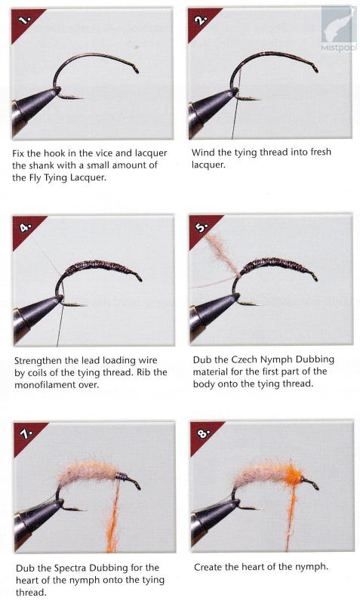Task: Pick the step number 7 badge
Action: [26, 435]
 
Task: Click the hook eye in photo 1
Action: [136, 70]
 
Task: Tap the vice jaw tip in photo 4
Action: [60, 298]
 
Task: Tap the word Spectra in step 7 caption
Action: [70, 569]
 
